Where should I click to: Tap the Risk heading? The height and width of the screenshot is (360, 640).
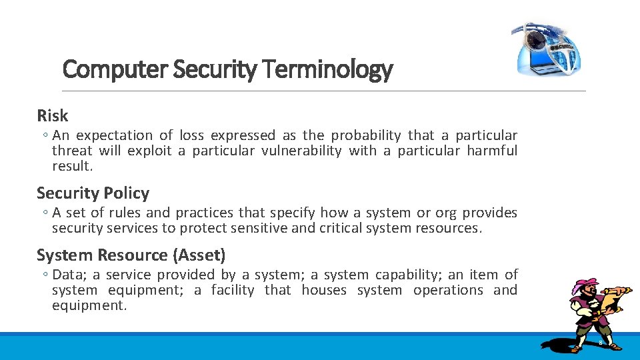(53, 115)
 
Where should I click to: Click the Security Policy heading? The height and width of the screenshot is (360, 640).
(93, 193)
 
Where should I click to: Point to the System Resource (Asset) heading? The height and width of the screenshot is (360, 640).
(131, 255)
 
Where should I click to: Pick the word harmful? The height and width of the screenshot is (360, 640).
(492, 151)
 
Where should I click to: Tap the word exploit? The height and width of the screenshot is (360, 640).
(149, 151)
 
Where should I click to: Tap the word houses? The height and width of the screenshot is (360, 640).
(324, 290)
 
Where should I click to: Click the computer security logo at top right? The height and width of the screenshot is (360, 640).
(547, 49)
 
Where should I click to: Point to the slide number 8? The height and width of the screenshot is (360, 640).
(600, 343)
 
